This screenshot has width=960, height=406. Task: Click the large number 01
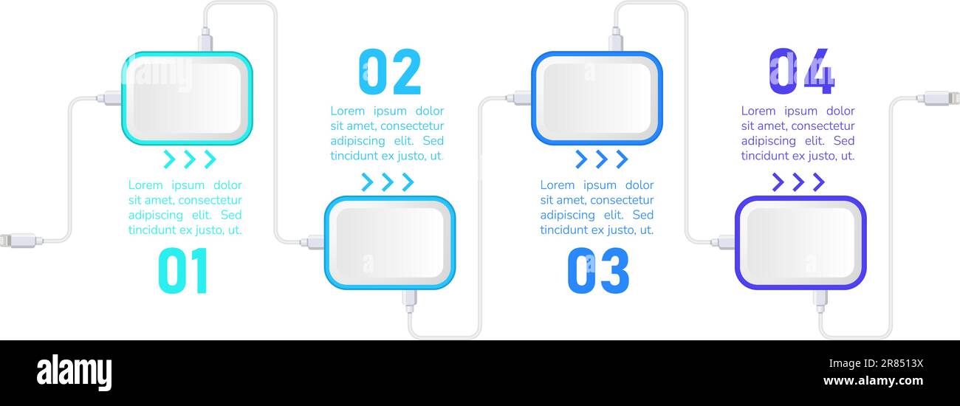click(x=183, y=271)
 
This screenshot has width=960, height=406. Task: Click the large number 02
click(x=389, y=72)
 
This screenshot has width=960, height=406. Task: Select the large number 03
click(x=598, y=271)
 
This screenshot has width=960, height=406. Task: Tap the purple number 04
click(x=801, y=72)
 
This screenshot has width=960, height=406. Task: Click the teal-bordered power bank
click(x=187, y=98)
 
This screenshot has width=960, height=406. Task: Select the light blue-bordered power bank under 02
click(x=390, y=243)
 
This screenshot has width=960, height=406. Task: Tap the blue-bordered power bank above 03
click(x=597, y=98)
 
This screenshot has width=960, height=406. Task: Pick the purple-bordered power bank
click(x=800, y=243)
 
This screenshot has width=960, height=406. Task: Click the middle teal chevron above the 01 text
click(x=190, y=159)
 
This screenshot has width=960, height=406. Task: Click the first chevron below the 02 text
click(x=368, y=182)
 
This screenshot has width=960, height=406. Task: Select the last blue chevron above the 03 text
click(x=621, y=159)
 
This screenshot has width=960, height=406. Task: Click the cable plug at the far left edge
click(x=18, y=240)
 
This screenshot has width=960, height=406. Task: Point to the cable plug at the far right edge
click(x=941, y=97)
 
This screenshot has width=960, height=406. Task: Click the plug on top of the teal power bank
click(x=205, y=40)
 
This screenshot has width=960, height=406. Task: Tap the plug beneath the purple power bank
click(x=819, y=298)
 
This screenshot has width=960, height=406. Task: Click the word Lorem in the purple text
click(x=758, y=111)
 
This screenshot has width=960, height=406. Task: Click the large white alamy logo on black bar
click(x=74, y=373)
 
